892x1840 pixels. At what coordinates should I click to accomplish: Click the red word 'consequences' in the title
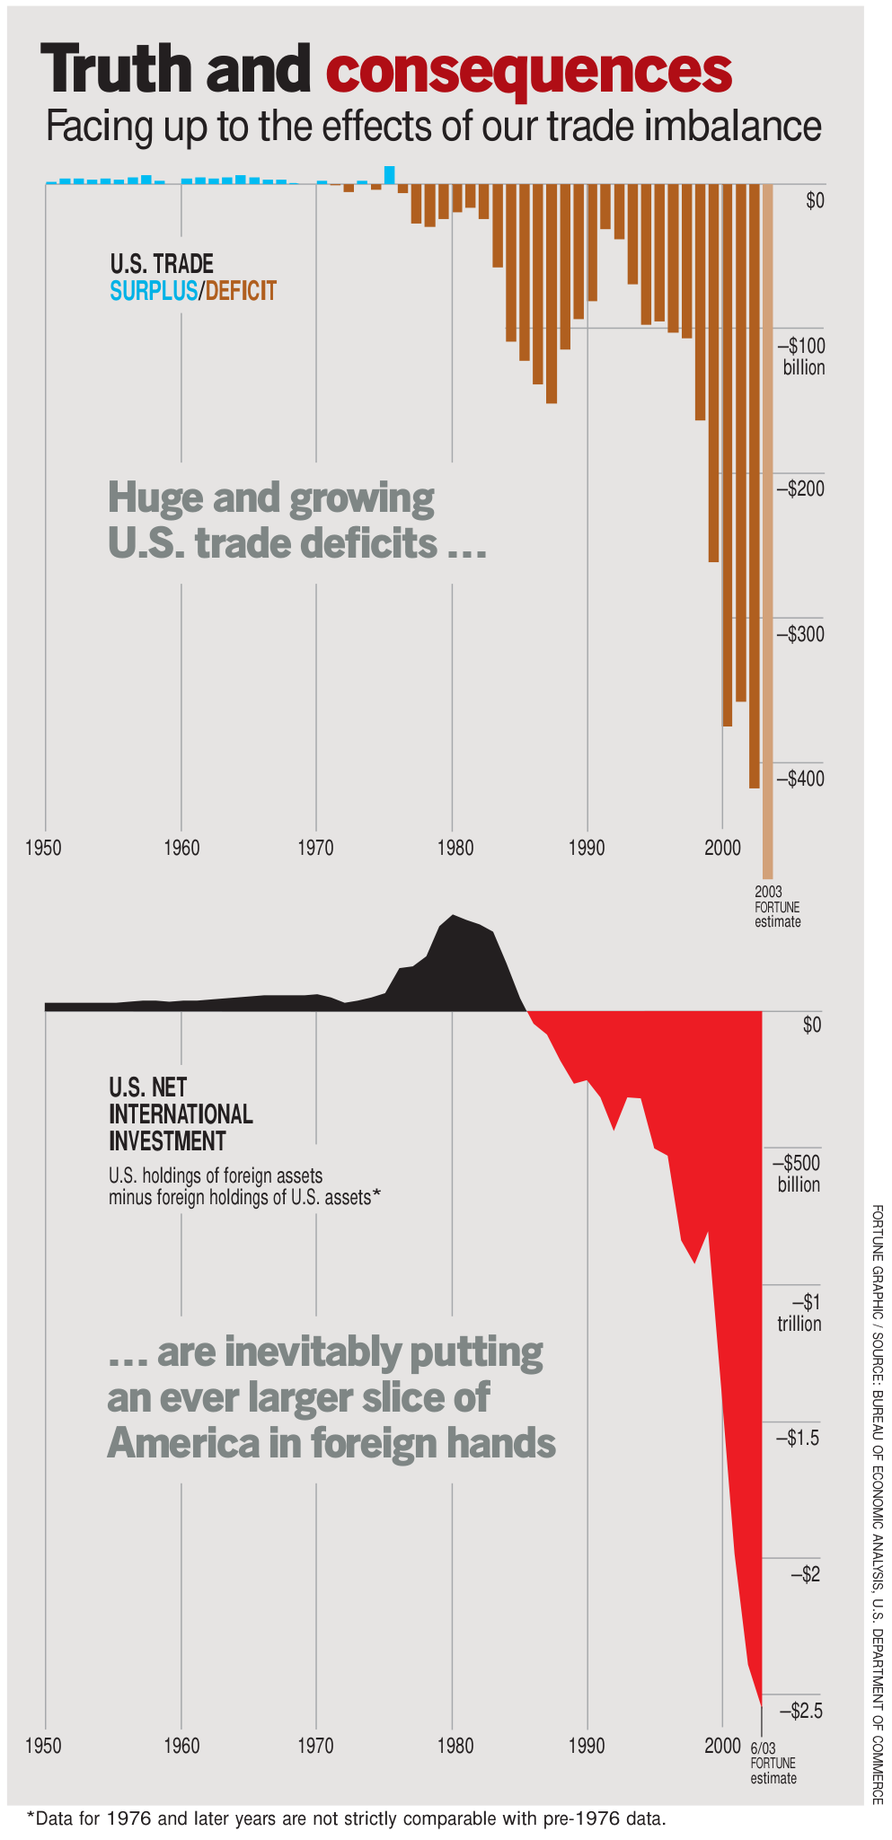(529, 70)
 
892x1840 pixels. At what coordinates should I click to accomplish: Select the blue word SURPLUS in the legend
(154, 291)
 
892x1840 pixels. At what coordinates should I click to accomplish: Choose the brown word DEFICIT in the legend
(241, 291)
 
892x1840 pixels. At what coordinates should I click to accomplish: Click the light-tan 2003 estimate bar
(768, 531)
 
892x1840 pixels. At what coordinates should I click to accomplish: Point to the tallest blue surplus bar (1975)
(389, 175)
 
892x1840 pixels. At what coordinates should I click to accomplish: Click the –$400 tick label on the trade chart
(799, 779)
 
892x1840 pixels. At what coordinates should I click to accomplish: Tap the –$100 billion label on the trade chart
(799, 357)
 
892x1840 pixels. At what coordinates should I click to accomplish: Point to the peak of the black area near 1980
(452, 915)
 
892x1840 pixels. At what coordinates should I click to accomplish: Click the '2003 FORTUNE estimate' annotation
(777, 907)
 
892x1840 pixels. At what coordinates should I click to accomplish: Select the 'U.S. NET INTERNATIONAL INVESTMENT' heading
(181, 1114)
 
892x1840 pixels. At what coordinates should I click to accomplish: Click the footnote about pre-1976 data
(347, 1819)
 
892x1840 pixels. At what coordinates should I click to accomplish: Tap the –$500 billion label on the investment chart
(797, 1174)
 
